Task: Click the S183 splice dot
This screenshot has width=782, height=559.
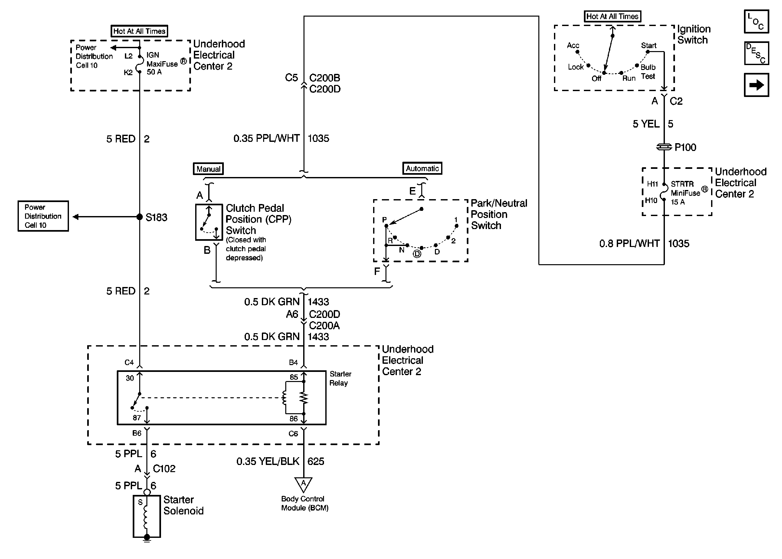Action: pyautogui.click(x=139, y=217)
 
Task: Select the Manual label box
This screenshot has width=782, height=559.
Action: pyautogui.click(x=208, y=169)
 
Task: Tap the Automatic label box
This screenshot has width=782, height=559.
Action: pyautogui.click(x=422, y=168)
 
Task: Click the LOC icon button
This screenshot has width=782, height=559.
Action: pyautogui.click(x=756, y=22)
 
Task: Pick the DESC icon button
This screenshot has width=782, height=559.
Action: pyautogui.click(x=756, y=53)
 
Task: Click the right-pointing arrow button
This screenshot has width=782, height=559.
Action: pyautogui.click(x=756, y=85)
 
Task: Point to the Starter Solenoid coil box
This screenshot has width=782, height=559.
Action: pyautogui.click(x=147, y=516)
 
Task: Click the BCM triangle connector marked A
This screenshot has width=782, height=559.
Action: pyautogui.click(x=303, y=484)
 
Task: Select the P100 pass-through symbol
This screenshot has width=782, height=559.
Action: pyautogui.click(x=664, y=147)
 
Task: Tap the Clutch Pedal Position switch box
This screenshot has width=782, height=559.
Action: pyautogui.click(x=209, y=222)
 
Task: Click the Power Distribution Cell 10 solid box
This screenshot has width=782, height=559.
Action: pyautogui.click(x=43, y=216)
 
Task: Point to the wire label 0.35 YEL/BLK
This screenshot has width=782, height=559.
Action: pyautogui.click(x=268, y=461)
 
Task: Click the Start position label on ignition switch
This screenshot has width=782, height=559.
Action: pyautogui.click(x=649, y=46)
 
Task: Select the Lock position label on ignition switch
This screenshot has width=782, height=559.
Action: pyautogui.click(x=575, y=67)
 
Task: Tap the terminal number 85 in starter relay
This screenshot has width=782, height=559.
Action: pyautogui.click(x=293, y=377)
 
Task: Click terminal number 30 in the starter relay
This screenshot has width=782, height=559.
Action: pyautogui.click(x=130, y=378)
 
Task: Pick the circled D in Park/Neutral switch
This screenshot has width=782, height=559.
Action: pyautogui.click(x=417, y=254)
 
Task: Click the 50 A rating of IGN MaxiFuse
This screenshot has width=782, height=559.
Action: pyautogui.click(x=154, y=72)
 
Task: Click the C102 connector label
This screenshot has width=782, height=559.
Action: pyautogui.click(x=164, y=469)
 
